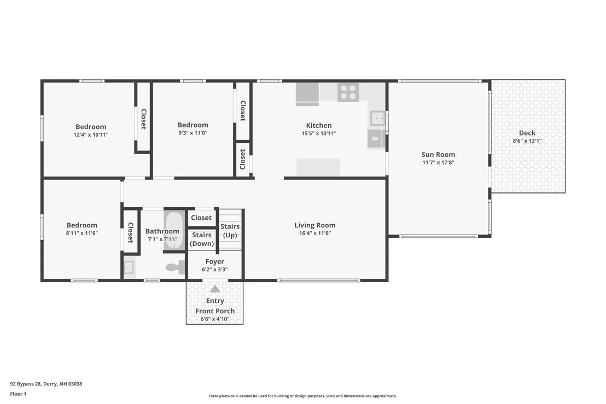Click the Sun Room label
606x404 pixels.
click(438, 155)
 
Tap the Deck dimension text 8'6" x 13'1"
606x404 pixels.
click(527, 141)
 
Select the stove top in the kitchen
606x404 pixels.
click(348, 92)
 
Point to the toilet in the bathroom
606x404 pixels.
click(176, 267)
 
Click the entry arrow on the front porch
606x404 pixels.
click(215, 289)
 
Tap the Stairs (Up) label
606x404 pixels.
click(230, 231)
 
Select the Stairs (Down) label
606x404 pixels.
click(202, 239)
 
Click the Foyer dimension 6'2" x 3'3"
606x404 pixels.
click(214, 270)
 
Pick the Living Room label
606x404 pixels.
click(315, 225)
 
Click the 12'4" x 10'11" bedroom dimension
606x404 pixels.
click(91, 135)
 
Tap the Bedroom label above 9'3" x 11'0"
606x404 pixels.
click(193, 125)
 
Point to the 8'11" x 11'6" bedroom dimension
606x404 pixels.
click(81, 233)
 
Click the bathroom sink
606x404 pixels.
click(129, 267)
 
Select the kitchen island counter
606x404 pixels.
click(318, 168)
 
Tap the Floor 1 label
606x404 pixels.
click(18, 394)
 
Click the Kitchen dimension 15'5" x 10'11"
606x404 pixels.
click(319, 133)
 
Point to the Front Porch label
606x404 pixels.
click(215, 311)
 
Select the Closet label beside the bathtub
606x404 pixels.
click(201, 218)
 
